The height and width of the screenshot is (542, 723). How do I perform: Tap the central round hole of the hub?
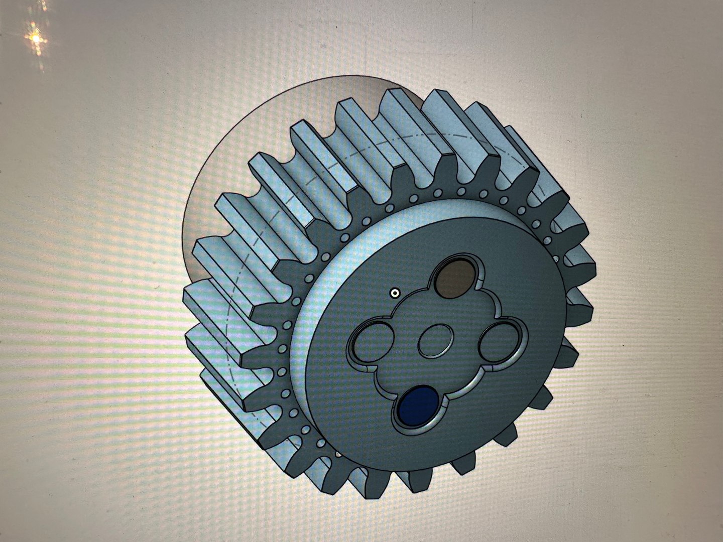(x=436, y=341)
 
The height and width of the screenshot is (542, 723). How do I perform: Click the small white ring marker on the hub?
(x=395, y=293)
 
